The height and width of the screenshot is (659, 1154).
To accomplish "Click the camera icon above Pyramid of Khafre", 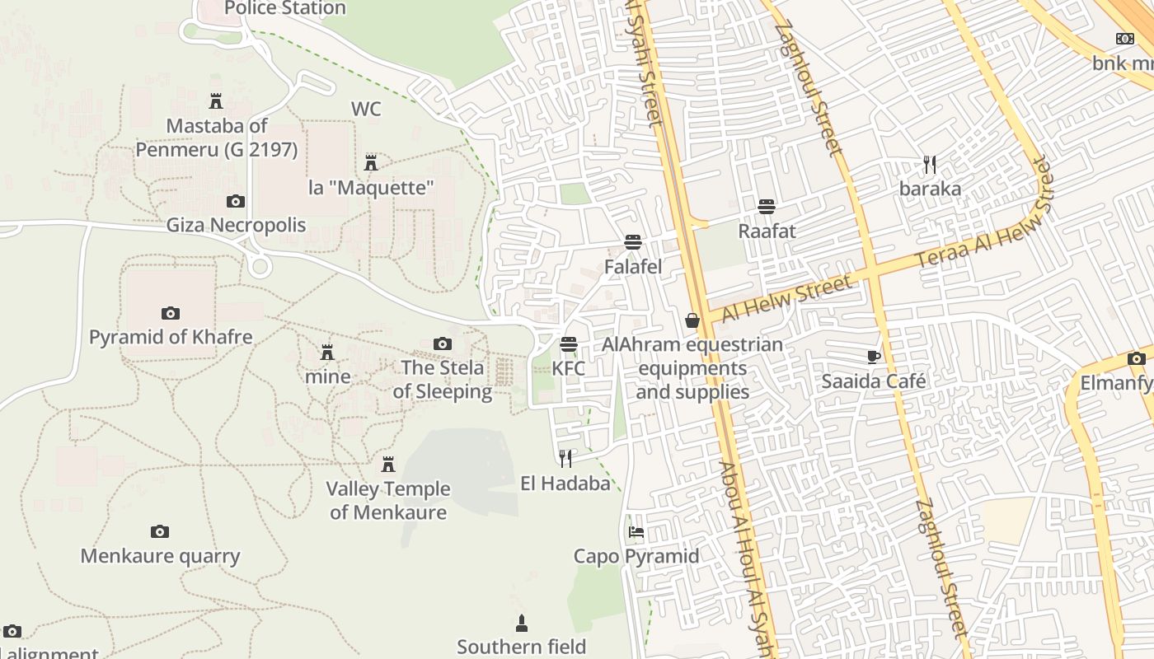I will (x=171, y=313).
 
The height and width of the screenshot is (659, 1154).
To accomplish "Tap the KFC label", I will (x=568, y=368).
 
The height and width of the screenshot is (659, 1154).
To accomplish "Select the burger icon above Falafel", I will (x=633, y=242).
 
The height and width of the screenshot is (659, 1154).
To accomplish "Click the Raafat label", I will (x=767, y=231).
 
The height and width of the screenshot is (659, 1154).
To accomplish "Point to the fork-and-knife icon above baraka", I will (x=930, y=165).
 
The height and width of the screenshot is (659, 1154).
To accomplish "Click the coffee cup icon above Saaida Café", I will (x=874, y=357).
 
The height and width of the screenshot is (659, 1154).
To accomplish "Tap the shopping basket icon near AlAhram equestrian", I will (x=692, y=320).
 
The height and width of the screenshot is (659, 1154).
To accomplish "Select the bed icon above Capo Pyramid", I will (x=636, y=532).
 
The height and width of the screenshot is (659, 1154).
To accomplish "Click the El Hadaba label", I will (x=565, y=484).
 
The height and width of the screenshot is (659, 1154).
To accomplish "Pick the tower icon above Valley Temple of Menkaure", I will (x=388, y=464).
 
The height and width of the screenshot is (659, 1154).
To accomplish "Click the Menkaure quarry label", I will (x=160, y=557).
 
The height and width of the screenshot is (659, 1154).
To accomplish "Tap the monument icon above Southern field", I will (x=521, y=623).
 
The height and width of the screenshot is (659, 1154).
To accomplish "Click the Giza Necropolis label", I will (x=236, y=226).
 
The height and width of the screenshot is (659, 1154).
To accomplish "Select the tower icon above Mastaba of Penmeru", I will (x=216, y=101).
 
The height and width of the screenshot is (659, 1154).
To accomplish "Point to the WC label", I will (x=366, y=110).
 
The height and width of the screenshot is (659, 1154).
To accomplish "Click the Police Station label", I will (x=284, y=9).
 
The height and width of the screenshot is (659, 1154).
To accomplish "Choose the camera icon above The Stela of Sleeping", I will (x=443, y=344).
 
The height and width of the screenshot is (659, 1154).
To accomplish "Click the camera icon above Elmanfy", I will (x=1137, y=358).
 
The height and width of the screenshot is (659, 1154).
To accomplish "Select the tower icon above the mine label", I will (x=327, y=353).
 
